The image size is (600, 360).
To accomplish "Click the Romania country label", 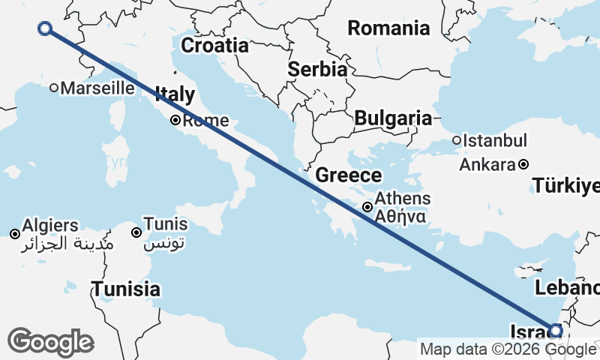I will point(388,28).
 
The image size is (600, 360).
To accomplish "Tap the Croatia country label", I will point(215,45).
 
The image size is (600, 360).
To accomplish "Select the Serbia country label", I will point(317,69).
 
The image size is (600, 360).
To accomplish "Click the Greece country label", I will point(348,175).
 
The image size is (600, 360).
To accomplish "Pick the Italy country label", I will point(175,94).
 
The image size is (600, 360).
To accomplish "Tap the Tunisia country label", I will point(126,289).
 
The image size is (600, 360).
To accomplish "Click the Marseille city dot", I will point(54,88).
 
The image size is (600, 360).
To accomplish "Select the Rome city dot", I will point(175,120).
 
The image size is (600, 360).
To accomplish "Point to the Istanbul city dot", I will point(457,140).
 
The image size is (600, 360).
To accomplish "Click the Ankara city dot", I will point(523,164).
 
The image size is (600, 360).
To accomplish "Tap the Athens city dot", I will point(367,208).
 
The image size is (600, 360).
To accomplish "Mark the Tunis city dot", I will point(136,232).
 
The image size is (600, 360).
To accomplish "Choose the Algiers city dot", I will point(15,234).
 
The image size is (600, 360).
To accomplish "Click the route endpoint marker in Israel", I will point(556,330).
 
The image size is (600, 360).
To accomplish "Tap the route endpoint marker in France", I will point(44,28).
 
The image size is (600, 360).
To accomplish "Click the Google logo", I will point(50,342).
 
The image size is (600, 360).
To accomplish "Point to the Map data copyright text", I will point(508,349).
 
